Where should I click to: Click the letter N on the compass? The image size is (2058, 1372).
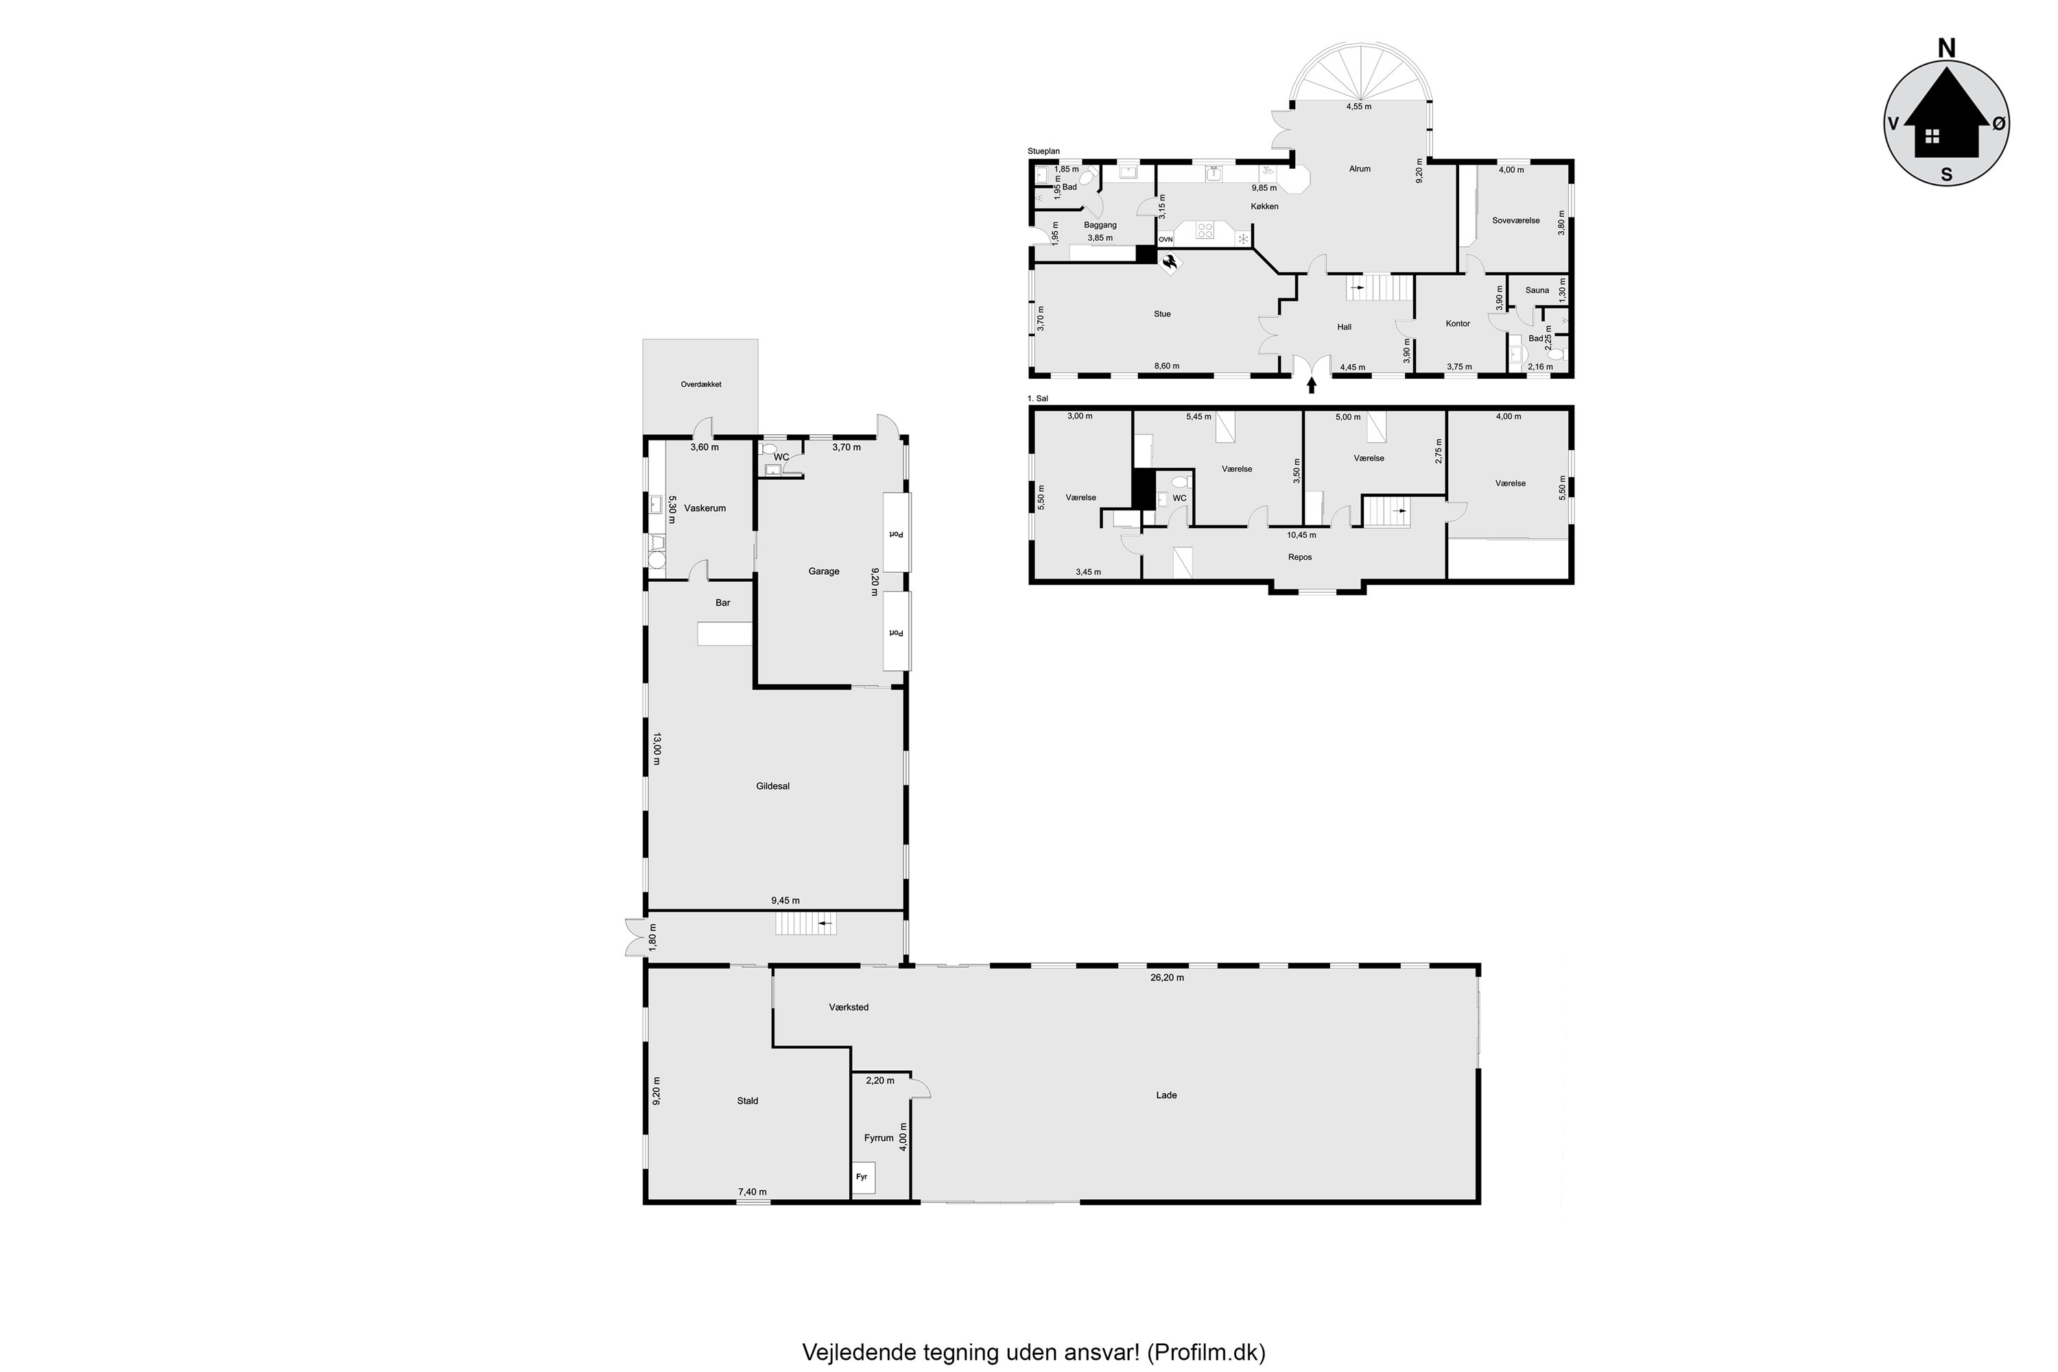click(1946, 48)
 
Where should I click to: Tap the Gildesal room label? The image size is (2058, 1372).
click(772, 785)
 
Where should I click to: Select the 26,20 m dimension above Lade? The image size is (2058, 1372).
click(1168, 978)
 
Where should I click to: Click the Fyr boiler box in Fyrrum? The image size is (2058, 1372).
click(864, 1178)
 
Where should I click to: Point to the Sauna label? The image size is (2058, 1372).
click(1537, 290)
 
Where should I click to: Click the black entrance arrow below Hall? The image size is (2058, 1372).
click(1311, 385)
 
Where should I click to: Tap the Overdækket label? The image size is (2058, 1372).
click(701, 384)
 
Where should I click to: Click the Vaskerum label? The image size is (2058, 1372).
click(705, 508)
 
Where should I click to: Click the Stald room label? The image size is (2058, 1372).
click(747, 1101)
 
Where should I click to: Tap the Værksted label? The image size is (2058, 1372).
click(849, 1007)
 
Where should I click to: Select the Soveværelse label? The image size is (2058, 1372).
click(1515, 220)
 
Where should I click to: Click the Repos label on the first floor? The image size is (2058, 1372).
click(1299, 557)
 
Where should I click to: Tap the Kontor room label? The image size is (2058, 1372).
click(1458, 324)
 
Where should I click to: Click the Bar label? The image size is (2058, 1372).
click(723, 603)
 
